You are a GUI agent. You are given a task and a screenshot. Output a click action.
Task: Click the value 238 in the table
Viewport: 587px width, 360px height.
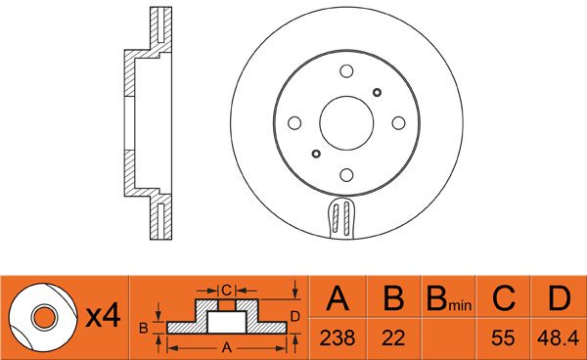[337, 337]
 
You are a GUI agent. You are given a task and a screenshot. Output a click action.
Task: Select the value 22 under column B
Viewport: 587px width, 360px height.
[393, 337]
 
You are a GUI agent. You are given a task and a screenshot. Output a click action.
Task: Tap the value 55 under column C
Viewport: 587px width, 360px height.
[503, 337]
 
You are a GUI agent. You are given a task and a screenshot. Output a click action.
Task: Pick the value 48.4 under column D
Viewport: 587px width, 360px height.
[558, 337]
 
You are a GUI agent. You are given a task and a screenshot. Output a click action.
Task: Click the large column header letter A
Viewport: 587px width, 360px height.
[338, 297]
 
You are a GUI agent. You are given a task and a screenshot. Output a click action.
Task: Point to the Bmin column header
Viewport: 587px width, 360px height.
[449, 298]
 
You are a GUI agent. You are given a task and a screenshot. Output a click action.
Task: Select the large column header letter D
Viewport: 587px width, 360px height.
[559, 297]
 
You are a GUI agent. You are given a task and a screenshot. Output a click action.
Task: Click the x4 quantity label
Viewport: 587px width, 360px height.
[103, 316]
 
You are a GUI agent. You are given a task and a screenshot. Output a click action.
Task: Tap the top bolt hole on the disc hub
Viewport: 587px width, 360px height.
[346, 71]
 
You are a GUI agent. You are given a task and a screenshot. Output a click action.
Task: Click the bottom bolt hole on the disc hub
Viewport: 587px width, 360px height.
[346, 175]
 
